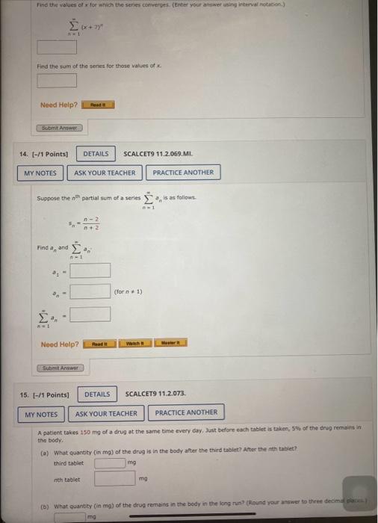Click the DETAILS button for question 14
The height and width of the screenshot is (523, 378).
(x=96, y=154)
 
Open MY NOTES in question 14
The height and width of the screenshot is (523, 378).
(x=40, y=173)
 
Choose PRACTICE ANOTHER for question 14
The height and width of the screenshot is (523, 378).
(x=183, y=173)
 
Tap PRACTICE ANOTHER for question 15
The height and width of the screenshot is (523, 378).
(x=186, y=412)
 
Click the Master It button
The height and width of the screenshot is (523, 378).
(x=171, y=343)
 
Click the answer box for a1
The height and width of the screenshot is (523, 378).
(x=90, y=270)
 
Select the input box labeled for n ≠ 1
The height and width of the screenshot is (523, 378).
(x=90, y=291)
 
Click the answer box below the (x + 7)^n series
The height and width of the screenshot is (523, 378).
(x=58, y=48)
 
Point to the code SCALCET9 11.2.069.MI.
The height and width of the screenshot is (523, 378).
(x=158, y=154)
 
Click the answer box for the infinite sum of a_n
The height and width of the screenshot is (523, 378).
(x=90, y=315)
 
